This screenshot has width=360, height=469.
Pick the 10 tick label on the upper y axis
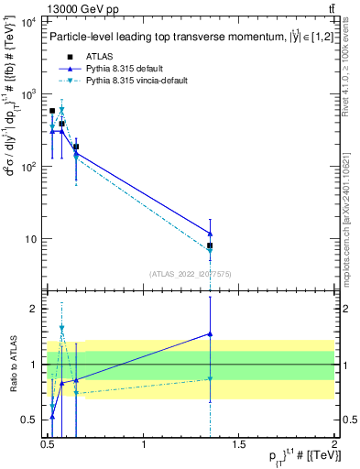29,239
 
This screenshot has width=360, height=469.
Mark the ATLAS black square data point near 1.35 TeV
211,245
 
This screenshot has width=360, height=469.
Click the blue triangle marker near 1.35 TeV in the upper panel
211,233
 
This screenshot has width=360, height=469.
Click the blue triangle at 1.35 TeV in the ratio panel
211,333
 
